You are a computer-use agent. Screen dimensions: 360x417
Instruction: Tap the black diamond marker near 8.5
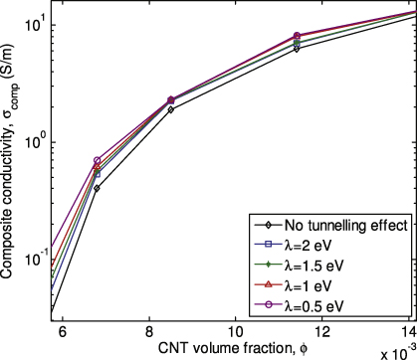tap(171, 109)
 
